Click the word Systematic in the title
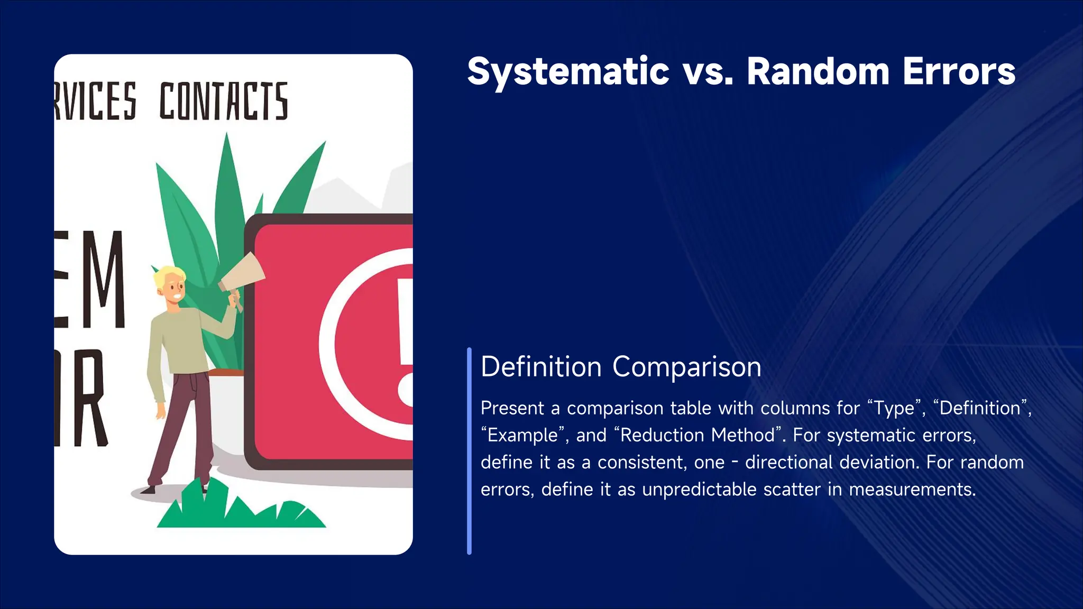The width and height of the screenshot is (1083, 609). point(568,72)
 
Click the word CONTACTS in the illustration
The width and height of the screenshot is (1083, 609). point(224,101)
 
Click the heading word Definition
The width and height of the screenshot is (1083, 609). point(541,367)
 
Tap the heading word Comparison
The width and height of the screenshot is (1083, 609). point(686,367)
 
